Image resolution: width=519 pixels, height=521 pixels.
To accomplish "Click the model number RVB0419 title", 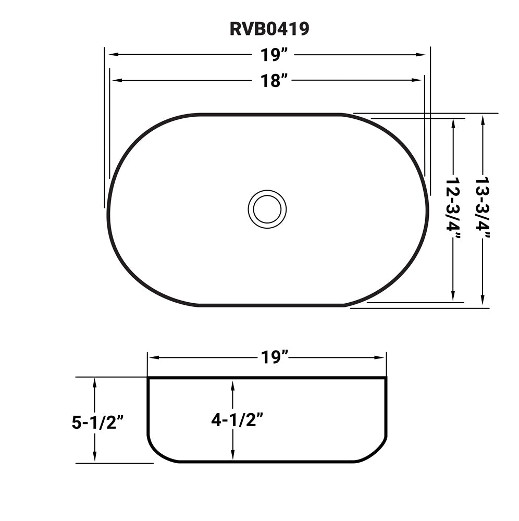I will pyautogui.click(x=269, y=29).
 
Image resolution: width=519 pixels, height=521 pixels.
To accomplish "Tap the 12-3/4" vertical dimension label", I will pyautogui.click(x=454, y=210).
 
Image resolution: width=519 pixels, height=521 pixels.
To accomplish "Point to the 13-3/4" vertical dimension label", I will pyautogui.click(x=484, y=210).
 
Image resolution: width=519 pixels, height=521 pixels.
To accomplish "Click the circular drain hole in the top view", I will pyautogui.click(x=267, y=208).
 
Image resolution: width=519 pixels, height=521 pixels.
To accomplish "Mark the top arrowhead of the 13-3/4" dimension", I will pyautogui.click(x=484, y=119).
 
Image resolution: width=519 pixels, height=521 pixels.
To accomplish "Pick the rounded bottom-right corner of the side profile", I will pyautogui.click(x=376, y=452).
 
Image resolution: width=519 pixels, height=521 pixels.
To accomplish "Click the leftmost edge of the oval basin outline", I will pyautogui.click(x=108, y=208).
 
